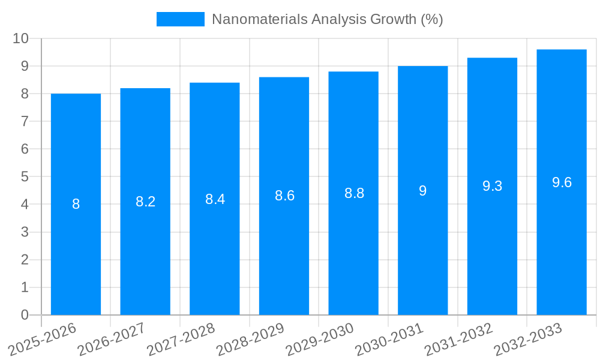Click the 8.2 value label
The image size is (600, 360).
pos(145,202)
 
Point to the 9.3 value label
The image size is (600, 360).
pos(492,186)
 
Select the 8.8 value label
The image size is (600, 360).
pos(354,193)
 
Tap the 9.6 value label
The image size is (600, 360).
pos(562,182)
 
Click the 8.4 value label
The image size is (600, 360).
pos(215,199)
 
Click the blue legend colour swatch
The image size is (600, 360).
pos(180,19)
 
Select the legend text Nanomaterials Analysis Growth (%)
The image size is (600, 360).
pos(328,19)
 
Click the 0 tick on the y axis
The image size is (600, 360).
pos(25,315)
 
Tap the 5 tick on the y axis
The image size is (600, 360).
pos(25,177)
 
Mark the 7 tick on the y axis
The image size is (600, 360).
pos(25,121)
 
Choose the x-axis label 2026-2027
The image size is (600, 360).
pos(111,339)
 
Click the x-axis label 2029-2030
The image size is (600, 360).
pos(319,339)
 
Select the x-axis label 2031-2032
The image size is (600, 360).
pos(458,339)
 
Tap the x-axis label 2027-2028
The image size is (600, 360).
pos(181,339)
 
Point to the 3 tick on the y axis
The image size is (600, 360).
pos(25,232)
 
